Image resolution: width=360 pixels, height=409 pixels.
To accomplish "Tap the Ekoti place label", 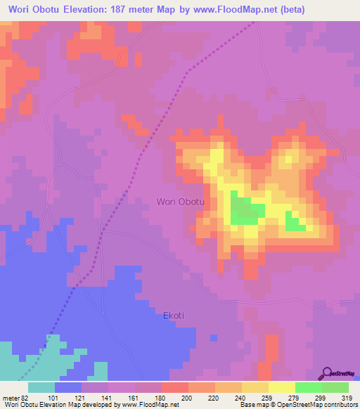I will click(x=174, y=316).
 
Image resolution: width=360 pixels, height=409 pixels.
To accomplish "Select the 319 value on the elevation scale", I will click(x=347, y=398).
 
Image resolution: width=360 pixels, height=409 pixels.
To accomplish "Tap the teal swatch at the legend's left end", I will click(x=41, y=387).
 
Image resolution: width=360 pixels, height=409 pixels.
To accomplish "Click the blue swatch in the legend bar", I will click(x=68, y=387).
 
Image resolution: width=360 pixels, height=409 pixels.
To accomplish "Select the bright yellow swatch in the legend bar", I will click(x=281, y=387).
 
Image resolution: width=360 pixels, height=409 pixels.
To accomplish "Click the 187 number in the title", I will click(x=134, y=11).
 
